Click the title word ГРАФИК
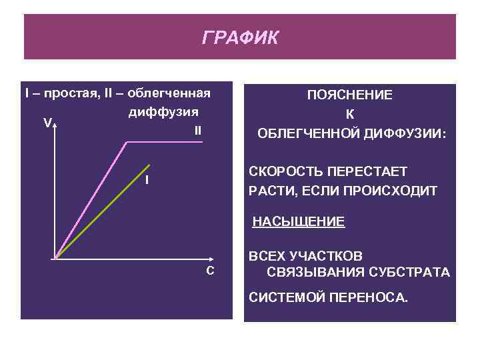click(x=240, y=37)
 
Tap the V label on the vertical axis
click(x=47, y=123)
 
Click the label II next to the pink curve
click(x=197, y=130)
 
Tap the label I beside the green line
click(x=147, y=180)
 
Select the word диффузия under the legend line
click(x=164, y=109)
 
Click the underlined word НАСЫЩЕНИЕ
click(x=298, y=222)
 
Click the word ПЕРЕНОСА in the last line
click(x=367, y=297)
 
